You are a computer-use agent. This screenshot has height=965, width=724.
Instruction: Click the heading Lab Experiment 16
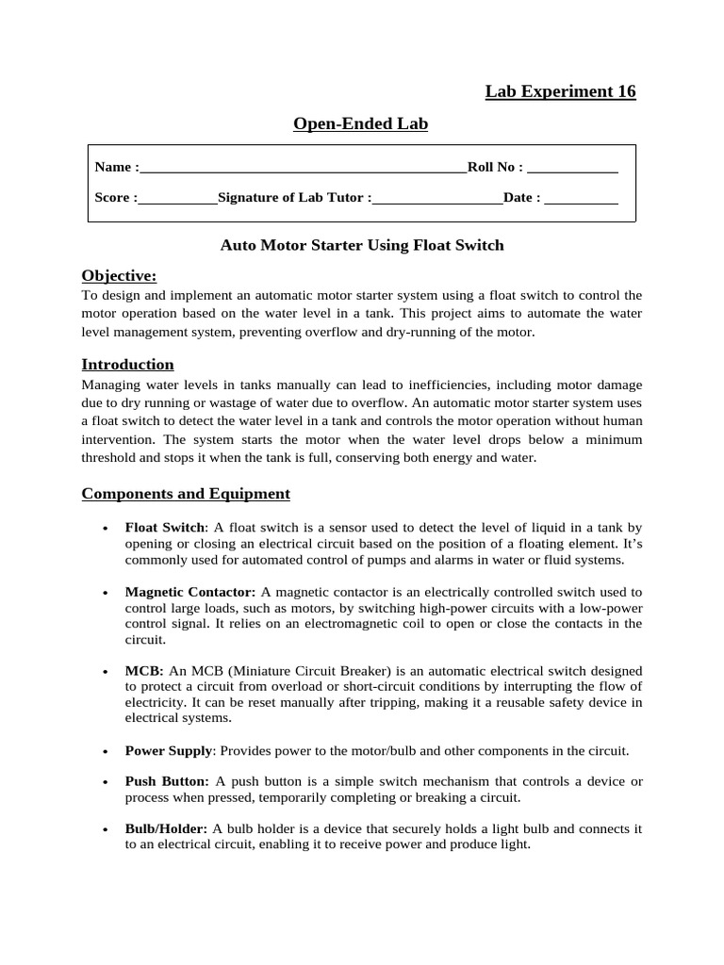(x=560, y=91)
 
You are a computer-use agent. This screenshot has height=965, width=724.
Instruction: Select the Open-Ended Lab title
(x=360, y=123)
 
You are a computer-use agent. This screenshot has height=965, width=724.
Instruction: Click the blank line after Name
(x=303, y=172)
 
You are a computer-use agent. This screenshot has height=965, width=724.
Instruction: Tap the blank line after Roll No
(x=572, y=172)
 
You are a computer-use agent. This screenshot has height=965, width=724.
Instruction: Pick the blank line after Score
(x=177, y=202)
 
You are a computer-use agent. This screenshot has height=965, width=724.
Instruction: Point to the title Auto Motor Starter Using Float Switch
(x=362, y=246)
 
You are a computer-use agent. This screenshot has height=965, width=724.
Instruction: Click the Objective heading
(x=119, y=275)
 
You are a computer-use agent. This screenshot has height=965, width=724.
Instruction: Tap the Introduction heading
(x=127, y=365)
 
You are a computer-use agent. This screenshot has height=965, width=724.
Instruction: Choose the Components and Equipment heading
(x=186, y=494)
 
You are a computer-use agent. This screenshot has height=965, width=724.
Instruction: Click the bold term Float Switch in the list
(x=165, y=528)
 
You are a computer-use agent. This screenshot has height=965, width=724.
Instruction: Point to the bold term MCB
(x=144, y=670)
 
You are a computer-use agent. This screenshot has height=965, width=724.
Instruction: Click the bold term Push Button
(x=167, y=781)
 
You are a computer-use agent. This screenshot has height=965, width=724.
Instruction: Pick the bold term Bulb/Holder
(x=166, y=828)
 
